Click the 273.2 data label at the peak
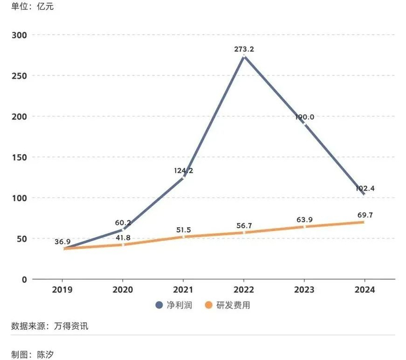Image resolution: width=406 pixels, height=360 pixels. [x=244, y=49]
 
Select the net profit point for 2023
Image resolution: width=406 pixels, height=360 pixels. [x=304, y=125]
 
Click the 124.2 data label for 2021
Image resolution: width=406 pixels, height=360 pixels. [x=184, y=170]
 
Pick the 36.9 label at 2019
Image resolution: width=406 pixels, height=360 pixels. [x=63, y=241]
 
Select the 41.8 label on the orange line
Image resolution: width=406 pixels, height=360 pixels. [x=123, y=237]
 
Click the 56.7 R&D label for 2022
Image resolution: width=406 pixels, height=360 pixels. [x=244, y=226]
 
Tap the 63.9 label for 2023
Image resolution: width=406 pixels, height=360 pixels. [x=304, y=220]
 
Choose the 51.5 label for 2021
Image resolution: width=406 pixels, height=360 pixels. [x=184, y=230]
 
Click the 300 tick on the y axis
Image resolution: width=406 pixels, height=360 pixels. [x=20, y=35]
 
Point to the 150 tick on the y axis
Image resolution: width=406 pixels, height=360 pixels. [x=20, y=157]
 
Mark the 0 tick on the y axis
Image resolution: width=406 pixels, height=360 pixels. [x=24, y=279]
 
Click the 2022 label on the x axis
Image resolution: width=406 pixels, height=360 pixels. [x=244, y=290]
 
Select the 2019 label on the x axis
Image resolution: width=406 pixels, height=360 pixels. [x=63, y=290]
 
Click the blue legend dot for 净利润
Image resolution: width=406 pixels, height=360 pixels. [x=159, y=305]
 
